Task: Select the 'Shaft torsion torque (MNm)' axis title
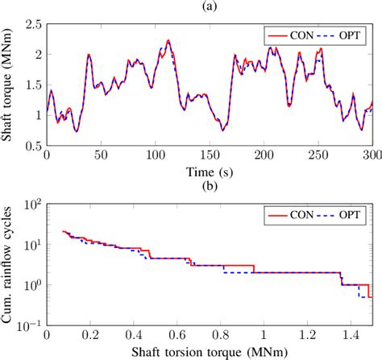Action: tap(209, 352)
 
